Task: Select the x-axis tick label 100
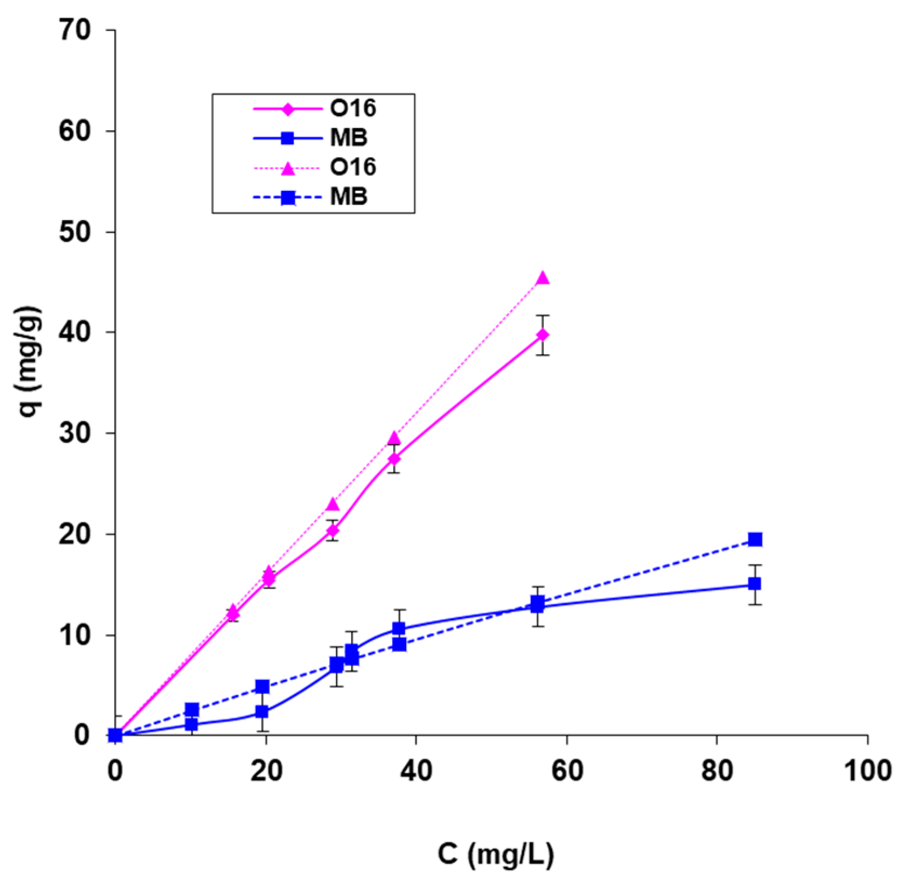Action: [x=868, y=770]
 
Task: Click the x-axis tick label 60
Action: [x=567, y=770]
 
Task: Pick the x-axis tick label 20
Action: [x=266, y=770]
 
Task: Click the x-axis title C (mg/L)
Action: [x=495, y=855]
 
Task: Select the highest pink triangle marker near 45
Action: [x=543, y=278]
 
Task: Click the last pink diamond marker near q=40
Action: [x=543, y=335]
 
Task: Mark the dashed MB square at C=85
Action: [x=755, y=540]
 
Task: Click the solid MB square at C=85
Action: [x=755, y=584]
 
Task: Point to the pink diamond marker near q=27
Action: [x=394, y=458]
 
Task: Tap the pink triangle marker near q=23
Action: [x=333, y=504]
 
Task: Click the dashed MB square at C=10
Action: [x=191, y=710]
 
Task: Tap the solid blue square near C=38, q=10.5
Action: [x=399, y=628]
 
